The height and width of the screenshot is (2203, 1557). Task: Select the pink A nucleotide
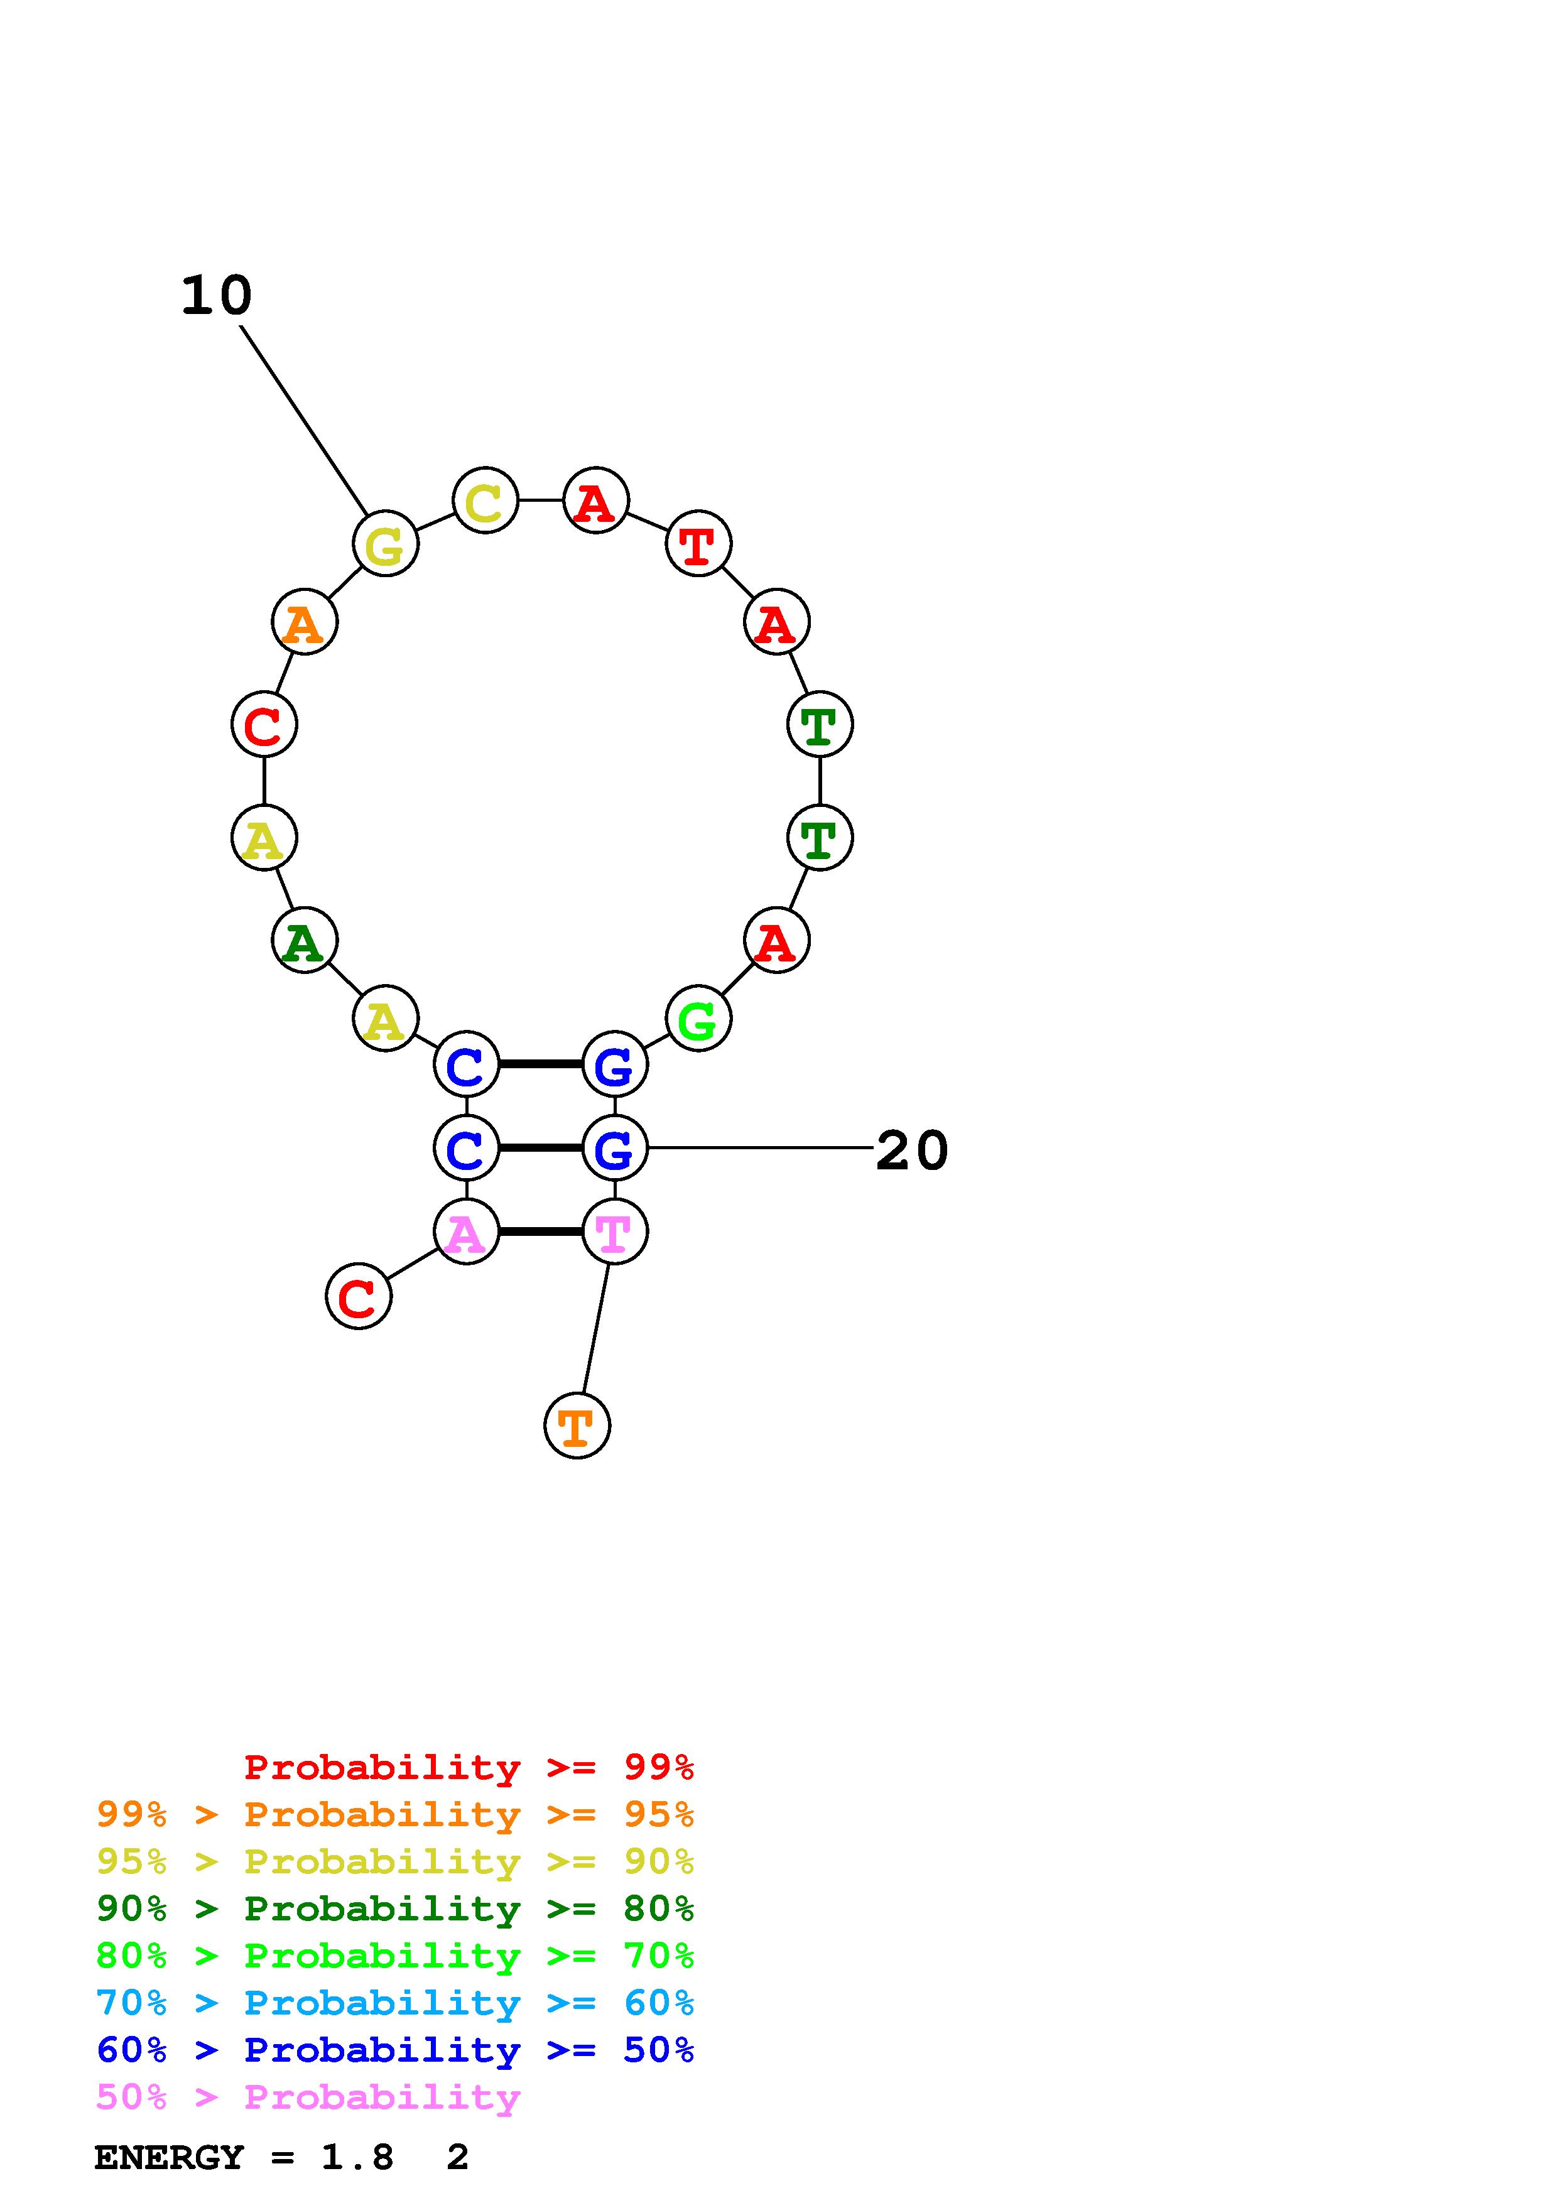(x=466, y=1232)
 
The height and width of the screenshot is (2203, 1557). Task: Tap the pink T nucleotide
(x=615, y=1232)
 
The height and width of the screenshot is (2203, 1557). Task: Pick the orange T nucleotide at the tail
(x=577, y=1426)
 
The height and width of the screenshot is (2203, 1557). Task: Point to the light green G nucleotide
(x=698, y=1019)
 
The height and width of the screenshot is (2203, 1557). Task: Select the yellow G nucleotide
(x=386, y=544)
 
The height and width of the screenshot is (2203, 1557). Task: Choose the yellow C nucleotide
(x=486, y=501)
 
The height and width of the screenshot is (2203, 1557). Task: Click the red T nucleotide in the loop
(x=698, y=544)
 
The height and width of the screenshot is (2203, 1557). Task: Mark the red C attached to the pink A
(x=359, y=1297)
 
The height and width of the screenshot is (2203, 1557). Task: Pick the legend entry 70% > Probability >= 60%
(x=395, y=2003)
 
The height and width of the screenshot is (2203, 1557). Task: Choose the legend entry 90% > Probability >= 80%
(x=395, y=1909)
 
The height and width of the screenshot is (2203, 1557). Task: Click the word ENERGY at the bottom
(x=169, y=2158)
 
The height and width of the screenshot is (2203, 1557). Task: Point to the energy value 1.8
(x=357, y=2158)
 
